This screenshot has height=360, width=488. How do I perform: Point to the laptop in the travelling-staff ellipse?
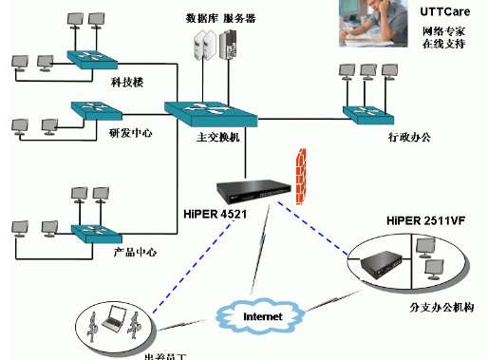click(113, 321)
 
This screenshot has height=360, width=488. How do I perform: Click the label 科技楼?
click(126, 84)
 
